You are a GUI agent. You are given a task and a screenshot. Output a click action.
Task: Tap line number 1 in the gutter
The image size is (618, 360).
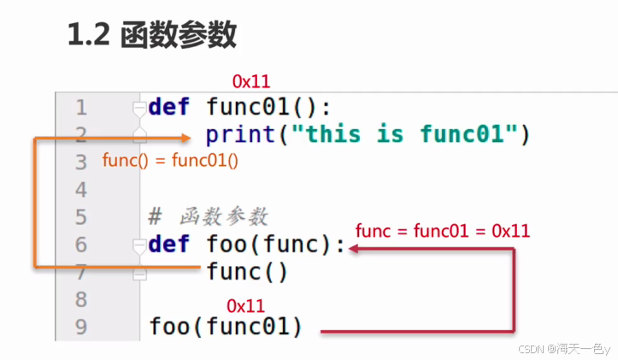coord(81,108)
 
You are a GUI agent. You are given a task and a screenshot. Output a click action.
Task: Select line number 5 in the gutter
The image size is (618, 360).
coord(81,217)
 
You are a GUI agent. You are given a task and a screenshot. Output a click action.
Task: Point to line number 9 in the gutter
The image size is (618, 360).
coord(81,326)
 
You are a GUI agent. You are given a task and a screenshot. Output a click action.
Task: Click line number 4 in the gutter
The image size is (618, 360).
coord(81,189)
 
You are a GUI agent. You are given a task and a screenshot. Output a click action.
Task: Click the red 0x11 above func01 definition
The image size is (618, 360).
coord(251,82)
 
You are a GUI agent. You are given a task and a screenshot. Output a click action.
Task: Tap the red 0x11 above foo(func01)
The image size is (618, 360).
coord(245,305)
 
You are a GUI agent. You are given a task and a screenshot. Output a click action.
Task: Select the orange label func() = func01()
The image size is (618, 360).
coord(169,160)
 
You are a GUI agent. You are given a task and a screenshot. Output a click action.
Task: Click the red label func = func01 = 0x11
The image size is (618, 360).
coord(443,230)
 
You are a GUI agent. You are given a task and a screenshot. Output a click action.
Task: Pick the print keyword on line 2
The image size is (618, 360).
coord(244,135)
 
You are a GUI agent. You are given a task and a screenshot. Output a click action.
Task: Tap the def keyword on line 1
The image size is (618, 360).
coord(169,108)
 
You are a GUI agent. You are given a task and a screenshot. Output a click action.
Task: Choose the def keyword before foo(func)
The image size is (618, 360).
coord(169,245)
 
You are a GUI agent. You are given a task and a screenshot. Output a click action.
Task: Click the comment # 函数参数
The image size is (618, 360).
coord(209,216)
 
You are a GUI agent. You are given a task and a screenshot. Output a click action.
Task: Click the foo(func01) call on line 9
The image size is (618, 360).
coord(226,327)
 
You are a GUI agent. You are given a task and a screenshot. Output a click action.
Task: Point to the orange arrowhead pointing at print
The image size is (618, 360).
coord(186,137)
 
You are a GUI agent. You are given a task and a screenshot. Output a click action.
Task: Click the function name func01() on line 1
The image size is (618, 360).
coord(268,108)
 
